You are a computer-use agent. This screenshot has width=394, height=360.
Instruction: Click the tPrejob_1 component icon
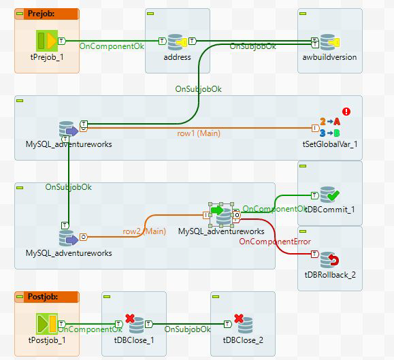[47, 41]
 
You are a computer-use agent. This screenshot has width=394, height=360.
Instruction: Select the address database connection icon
[177, 42]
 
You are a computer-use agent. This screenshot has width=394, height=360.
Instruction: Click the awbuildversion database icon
[329, 42]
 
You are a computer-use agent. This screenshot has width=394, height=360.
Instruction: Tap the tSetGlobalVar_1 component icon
[330, 127]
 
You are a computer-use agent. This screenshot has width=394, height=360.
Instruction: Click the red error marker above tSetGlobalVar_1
[346, 112]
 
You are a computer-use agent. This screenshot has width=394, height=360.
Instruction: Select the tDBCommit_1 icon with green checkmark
[329, 195]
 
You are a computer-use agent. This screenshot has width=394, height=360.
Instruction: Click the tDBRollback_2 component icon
[329, 260]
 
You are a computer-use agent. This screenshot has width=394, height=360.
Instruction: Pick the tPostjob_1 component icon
[47, 324]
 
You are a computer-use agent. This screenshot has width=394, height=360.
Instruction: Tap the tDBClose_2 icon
[243, 323]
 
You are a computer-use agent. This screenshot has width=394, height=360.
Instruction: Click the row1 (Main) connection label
[199, 133]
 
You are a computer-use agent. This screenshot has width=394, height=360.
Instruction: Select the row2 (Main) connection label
[144, 231]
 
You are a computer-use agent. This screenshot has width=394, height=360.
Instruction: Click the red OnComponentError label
[275, 242]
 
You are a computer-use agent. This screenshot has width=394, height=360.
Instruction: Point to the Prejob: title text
[41, 14]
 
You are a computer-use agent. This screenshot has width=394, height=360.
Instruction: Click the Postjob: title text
[43, 297]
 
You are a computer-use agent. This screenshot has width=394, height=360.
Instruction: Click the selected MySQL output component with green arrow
[221, 215]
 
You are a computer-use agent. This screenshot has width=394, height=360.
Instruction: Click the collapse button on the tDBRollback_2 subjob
[303, 231]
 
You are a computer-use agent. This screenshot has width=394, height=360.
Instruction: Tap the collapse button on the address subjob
[150, 14]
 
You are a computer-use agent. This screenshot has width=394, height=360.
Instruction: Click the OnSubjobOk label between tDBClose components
[187, 329]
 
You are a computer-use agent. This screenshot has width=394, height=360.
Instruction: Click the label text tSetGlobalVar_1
[330, 144]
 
